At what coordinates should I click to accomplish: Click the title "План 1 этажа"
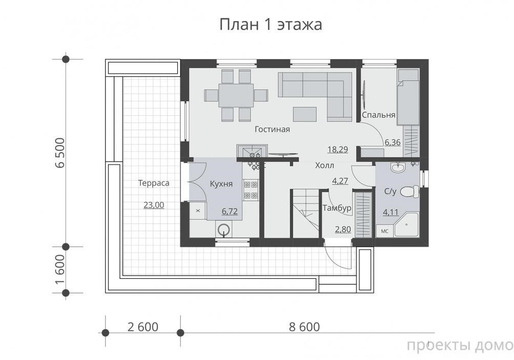pos(270,24)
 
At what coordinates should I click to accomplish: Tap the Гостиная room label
pos(272,129)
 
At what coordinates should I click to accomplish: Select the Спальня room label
pos(378,115)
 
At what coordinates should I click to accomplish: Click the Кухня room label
pos(221,184)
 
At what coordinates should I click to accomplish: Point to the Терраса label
pos(153,183)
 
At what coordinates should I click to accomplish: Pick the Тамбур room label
pos(337,208)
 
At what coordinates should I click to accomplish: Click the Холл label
pos(324,165)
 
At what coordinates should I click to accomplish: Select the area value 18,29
pos(338,150)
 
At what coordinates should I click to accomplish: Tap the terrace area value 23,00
pos(154,205)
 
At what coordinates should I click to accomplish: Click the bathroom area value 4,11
pos(391,212)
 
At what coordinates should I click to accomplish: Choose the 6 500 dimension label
pos(61,153)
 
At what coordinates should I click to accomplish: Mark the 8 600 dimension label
pos(304,327)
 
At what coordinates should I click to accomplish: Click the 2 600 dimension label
pos(142,327)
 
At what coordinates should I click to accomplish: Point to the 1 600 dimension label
pos(61,269)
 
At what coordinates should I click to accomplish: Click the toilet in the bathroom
pos(410,191)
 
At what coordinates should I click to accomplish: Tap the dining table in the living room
pos(236,96)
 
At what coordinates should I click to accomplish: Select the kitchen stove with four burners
pos(250,190)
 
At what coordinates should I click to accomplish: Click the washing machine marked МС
pos(384,231)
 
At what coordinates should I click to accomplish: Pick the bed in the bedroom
pos(408,97)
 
